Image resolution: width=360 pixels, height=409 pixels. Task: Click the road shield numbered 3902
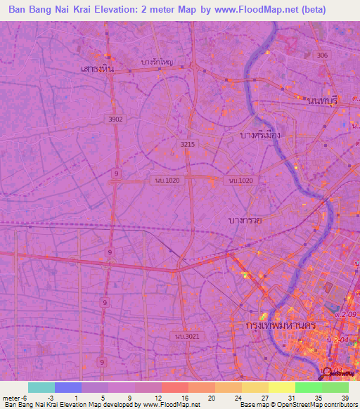click(115, 119)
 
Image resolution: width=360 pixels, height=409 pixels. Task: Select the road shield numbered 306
click(323, 56)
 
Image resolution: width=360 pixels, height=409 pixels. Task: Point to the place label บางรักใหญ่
click(157, 61)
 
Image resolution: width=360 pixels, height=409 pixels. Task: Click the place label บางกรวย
click(245, 220)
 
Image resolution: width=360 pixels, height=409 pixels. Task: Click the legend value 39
click(345, 398)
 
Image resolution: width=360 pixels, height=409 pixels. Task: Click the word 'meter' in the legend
click(11, 398)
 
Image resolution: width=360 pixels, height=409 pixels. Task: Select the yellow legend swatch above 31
click(281, 387)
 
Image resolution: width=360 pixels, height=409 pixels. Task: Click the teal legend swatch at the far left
click(41, 387)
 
